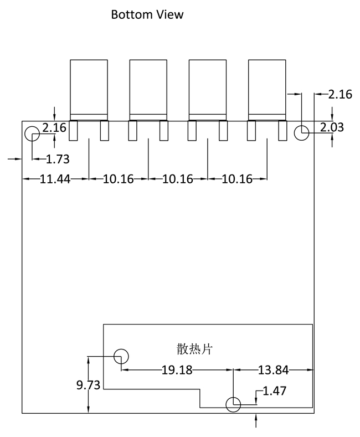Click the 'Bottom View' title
pos(147,14)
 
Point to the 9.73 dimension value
pos(88,385)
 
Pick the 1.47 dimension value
pos(274,392)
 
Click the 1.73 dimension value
pos(58,160)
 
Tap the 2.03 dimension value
pos(332,128)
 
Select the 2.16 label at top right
pos(340,95)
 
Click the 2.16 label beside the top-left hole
pos(54,128)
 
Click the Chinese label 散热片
pos(194,349)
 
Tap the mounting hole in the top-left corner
pos(32,133)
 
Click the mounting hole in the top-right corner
pos(301,133)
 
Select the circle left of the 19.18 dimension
pos(121,356)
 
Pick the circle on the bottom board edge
pos(233,405)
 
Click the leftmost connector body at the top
pos(89,89)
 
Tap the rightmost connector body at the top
pos(267,89)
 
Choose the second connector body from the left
pos(148,89)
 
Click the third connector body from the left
pos(208,89)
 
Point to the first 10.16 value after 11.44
pos(118,179)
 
